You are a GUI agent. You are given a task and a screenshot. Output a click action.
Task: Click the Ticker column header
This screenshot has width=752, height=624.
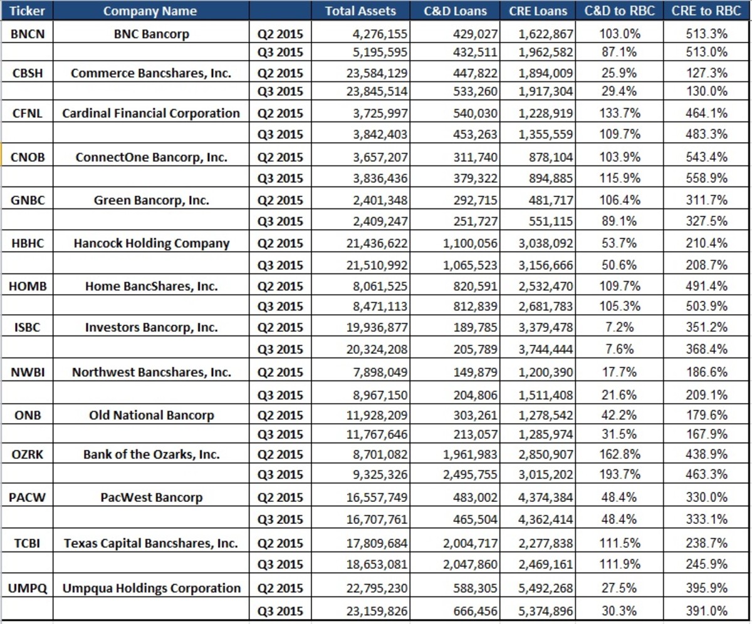pos(27,11)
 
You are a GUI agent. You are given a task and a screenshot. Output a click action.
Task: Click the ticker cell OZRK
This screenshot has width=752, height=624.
pos(27,454)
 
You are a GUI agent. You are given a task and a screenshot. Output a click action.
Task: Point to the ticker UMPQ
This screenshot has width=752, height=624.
pos(27,588)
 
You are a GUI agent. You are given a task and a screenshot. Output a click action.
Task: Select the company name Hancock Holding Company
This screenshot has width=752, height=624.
pos(152,243)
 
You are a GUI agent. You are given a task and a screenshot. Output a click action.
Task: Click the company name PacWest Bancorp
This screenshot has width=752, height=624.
pos(152,498)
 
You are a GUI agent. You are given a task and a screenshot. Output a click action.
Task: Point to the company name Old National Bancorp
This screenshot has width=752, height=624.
pos(152,415)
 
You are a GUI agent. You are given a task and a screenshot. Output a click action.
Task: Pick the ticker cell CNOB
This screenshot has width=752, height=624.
pos(27,157)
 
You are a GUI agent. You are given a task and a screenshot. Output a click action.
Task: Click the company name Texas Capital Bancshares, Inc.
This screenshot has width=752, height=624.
pos(152,543)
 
